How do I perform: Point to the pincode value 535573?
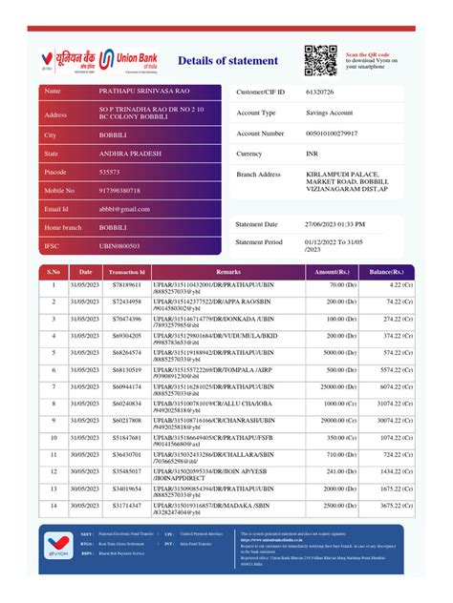[110, 172]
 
